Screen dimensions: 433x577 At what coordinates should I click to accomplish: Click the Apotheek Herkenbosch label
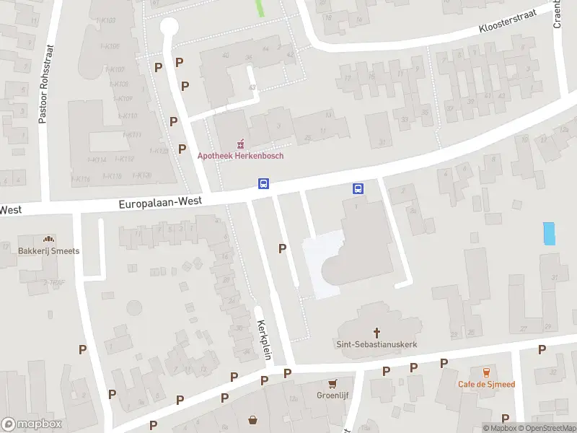point(241,156)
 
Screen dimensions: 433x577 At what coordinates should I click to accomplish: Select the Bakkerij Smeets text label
point(49,251)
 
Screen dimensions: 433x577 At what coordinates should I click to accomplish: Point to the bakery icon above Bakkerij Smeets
point(49,239)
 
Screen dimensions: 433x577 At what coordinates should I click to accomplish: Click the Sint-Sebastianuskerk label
point(376,345)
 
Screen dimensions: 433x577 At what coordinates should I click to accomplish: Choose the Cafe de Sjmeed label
point(486,384)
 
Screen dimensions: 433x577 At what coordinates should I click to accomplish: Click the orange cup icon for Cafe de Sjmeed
point(486,372)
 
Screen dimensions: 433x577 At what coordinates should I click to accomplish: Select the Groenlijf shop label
point(332,395)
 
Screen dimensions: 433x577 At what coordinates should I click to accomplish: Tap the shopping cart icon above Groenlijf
point(332,384)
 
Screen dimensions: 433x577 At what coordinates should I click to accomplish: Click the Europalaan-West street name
point(160,205)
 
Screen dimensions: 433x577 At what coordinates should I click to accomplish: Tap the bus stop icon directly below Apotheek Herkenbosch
point(264,184)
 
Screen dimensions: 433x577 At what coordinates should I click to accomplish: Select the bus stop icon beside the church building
point(358,188)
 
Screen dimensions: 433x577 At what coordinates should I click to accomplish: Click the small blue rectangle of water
point(550,234)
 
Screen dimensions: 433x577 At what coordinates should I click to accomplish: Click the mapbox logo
point(32,424)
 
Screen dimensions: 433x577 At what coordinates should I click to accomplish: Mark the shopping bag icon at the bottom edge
point(253,420)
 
